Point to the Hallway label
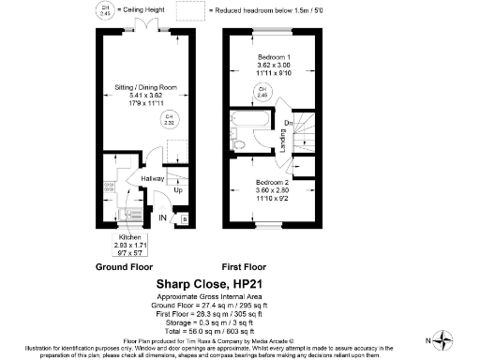(153, 178)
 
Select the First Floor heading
(247, 265)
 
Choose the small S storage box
(183, 218)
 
